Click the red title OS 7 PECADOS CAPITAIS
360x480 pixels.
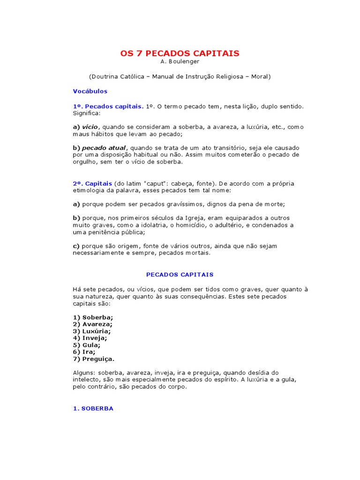(180, 53)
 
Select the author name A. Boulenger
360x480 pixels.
(180, 62)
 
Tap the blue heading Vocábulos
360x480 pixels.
(90, 91)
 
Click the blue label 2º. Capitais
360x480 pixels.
(92, 183)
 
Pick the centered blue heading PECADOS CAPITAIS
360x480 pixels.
(180, 274)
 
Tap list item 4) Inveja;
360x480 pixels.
(90, 338)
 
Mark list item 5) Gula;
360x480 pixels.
(87, 345)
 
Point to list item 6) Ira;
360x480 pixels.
(84, 352)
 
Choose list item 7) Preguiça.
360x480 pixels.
(94, 359)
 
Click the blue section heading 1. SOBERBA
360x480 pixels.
(93, 408)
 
